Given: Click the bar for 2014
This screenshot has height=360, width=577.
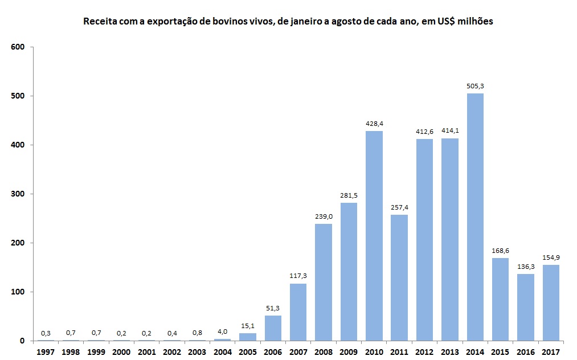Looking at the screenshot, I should tap(475, 217).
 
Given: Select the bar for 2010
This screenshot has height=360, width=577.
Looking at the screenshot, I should tap(374, 236).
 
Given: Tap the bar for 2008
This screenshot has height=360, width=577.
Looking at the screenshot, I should tap(324, 282).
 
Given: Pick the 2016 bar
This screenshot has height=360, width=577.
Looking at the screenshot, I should tap(525, 307).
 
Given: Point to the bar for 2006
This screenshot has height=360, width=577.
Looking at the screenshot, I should tap(273, 328).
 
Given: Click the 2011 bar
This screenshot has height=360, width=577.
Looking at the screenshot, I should tap(399, 277).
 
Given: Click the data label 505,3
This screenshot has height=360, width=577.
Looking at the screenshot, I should tap(475, 86).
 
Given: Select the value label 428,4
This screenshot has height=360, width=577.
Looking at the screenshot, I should tap(374, 124).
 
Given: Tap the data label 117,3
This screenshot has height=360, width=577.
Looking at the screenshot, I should tap(298, 276).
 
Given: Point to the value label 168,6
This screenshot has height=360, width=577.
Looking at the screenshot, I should tap(500, 251).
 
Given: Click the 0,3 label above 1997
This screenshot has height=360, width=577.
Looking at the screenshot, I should tap(46, 333).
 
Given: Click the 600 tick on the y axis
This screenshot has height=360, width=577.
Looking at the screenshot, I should tap(18, 47).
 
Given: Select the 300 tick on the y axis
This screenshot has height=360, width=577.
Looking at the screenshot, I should tap(18, 194).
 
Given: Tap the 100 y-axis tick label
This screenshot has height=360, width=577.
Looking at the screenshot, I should tap(18, 292).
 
